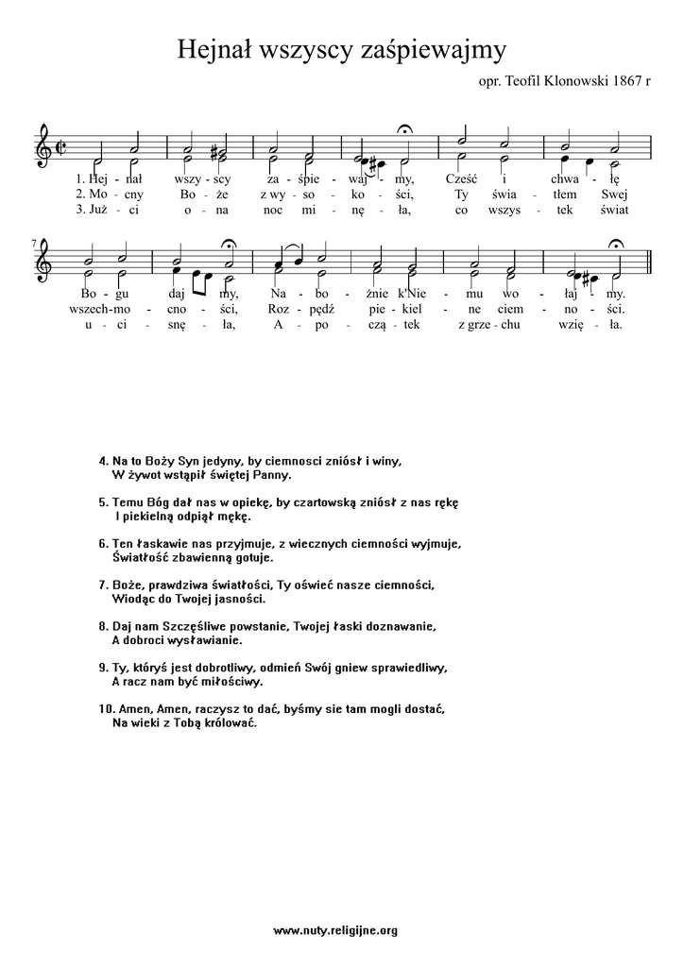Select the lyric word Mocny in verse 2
click(x=99, y=193)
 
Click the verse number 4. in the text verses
click(x=103, y=461)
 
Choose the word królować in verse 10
click(x=224, y=723)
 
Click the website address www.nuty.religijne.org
click(x=335, y=930)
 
